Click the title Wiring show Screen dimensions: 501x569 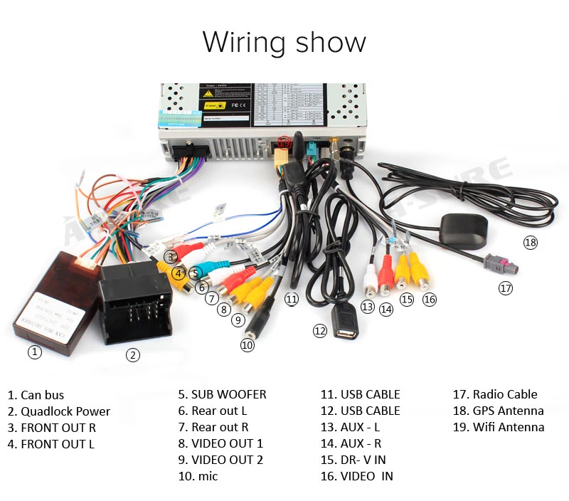pos(284,42)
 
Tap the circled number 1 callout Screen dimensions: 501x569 pos(35,352)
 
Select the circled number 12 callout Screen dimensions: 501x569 pos(321,330)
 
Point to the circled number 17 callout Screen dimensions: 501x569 pos(505,288)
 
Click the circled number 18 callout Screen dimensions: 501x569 pos(531,243)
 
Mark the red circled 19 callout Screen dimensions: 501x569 pos(284,142)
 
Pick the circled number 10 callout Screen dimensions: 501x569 pos(247,344)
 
